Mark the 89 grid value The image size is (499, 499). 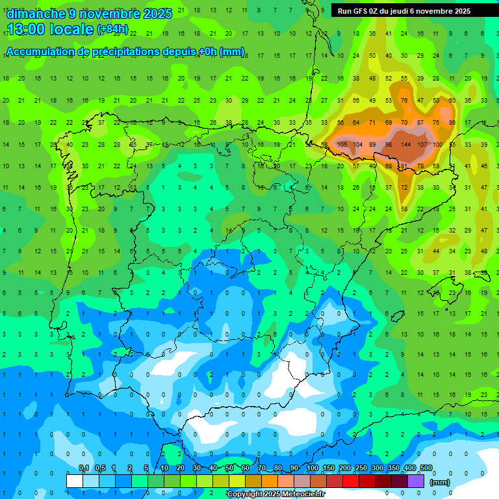point(372,144)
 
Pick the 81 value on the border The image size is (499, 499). point(404,166)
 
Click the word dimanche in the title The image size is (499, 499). point(35,14)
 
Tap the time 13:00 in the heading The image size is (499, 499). point(28,29)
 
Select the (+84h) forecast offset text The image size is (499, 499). point(112,30)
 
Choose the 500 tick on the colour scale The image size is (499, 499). point(426,468)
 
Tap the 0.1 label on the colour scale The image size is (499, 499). point(84,468)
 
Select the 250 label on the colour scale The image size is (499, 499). point(361,468)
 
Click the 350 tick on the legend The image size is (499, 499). point(393,468)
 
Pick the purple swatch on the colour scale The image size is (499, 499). point(416,481)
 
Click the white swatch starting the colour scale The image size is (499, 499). point(75,481)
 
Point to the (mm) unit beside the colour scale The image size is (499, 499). point(440,482)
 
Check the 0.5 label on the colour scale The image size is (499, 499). point(100,468)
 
